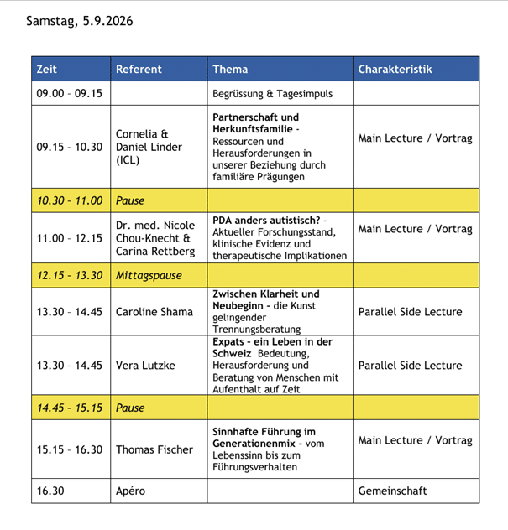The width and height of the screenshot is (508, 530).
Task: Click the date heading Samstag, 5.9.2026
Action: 79,21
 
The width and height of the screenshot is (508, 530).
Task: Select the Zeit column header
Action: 47,69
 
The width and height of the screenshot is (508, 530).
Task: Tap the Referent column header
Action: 139,69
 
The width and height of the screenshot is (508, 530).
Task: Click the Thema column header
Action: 230,69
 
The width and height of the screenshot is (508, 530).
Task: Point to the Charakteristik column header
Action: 395,69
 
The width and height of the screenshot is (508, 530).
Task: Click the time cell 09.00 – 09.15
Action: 69,93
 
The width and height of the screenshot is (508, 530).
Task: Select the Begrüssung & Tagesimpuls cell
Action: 264,93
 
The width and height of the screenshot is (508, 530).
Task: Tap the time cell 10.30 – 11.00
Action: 69,200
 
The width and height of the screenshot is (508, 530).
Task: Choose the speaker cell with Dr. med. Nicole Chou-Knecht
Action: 155,238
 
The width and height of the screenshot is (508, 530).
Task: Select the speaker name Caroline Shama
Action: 154,312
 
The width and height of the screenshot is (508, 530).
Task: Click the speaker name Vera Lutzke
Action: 145,366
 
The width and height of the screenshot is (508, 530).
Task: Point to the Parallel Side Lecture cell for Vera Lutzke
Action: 410,366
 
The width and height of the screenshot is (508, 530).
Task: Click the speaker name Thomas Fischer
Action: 154,449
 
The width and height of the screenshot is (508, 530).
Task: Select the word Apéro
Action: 130,491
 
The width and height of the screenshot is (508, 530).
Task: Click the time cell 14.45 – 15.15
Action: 69,408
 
